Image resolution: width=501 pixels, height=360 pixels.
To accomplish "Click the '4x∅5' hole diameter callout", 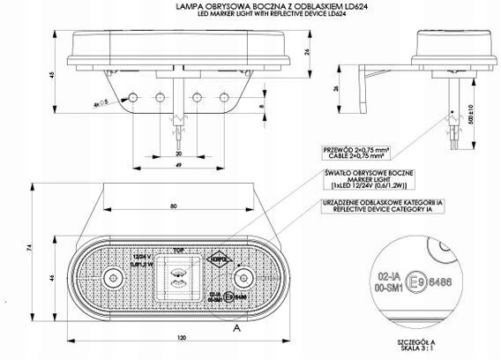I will (x=101, y=104).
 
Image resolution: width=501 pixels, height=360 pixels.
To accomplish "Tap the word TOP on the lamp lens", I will (x=180, y=250).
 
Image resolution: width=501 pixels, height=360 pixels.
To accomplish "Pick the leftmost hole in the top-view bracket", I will (x=133, y=94).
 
